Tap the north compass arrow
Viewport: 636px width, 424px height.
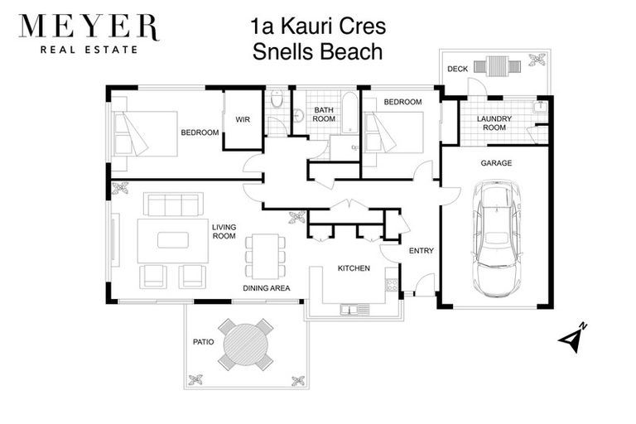[572, 339]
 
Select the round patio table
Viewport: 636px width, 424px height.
[245, 344]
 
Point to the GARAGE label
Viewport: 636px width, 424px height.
[496, 163]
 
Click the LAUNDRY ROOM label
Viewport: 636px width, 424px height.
[495, 123]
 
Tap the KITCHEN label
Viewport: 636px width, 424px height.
[354, 268]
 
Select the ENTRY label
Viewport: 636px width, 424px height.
[422, 251]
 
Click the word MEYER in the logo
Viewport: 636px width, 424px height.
[88, 26]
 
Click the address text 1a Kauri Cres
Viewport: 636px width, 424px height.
[318, 26]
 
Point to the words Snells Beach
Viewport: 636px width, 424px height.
[318, 52]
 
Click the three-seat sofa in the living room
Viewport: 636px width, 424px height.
[173, 205]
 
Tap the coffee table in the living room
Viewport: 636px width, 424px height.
[173, 239]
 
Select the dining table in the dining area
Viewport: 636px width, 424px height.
[265, 256]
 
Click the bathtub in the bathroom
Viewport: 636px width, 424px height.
[349, 113]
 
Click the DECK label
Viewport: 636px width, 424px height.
[457, 69]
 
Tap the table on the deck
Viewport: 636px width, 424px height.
[498, 65]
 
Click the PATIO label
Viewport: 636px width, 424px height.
[203, 341]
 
